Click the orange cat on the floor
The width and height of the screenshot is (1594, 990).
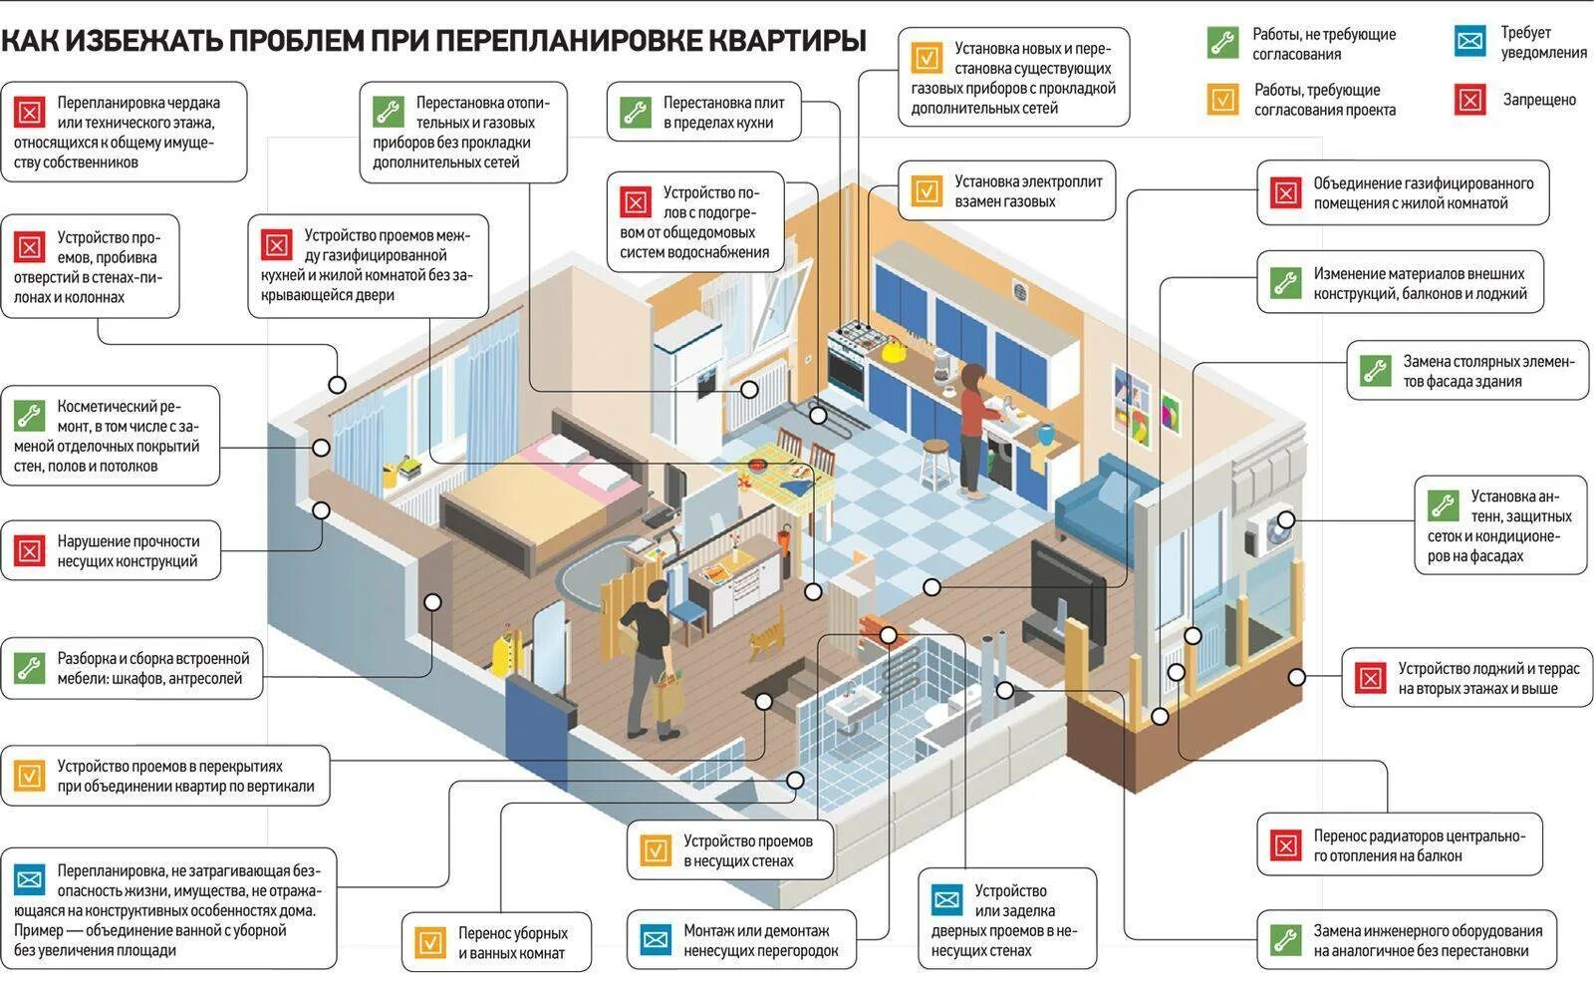pyautogui.click(x=766, y=633)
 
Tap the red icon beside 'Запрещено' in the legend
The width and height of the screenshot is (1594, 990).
pyautogui.click(x=1470, y=99)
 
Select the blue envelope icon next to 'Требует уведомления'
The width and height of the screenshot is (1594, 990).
pyautogui.click(x=1469, y=41)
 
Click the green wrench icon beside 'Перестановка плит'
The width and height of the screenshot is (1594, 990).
pyautogui.click(x=635, y=112)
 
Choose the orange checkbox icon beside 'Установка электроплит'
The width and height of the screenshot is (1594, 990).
pyautogui.click(x=927, y=190)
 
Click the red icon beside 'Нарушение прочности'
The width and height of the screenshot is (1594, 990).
pyautogui.click(x=30, y=550)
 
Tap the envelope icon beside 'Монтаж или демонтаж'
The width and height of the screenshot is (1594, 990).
pyautogui.click(x=656, y=939)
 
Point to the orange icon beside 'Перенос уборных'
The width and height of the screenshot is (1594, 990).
pyautogui.click(x=430, y=942)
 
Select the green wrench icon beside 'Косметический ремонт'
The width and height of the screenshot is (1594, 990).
pyautogui.click(x=30, y=416)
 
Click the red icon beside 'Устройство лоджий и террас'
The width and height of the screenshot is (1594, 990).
pyautogui.click(x=1371, y=678)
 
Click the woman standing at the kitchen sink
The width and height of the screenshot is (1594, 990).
pyautogui.click(x=970, y=429)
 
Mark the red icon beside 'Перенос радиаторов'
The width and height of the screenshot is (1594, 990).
pyautogui.click(x=1286, y=845)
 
